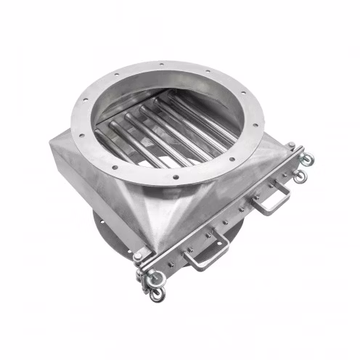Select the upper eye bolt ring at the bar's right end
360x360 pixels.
click(x=308, y=159)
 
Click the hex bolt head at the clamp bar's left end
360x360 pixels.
click(x=137, y=255)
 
